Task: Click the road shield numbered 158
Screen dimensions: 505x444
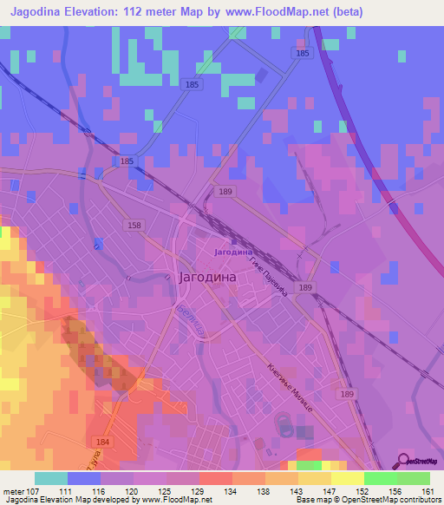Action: (x=134, y=226)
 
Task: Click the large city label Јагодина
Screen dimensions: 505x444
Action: (x=207, y=279)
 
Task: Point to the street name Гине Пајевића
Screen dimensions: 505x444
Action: (x=269, y=279)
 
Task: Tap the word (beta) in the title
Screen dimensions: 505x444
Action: (x=344, y=11)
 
